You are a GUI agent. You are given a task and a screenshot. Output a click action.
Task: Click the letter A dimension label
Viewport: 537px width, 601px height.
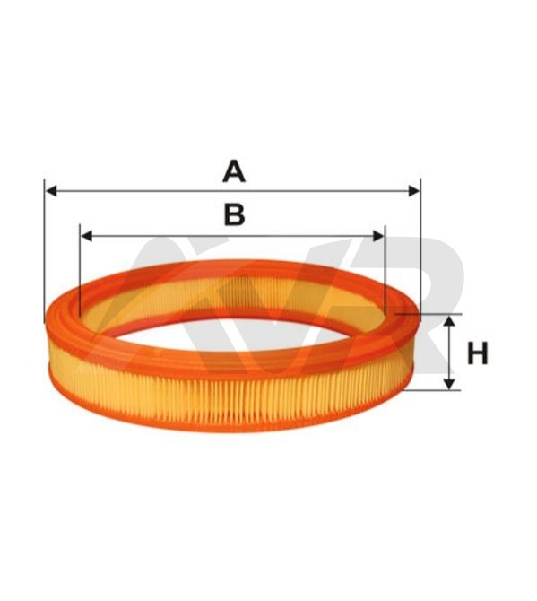234,171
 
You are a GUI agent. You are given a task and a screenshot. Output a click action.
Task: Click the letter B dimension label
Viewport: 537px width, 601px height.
234,214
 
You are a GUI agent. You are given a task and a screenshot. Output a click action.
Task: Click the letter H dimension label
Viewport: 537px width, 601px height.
478,353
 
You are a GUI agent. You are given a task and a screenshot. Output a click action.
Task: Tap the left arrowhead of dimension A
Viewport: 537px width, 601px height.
51,190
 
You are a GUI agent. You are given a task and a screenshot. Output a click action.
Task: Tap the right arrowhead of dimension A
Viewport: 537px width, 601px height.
414,190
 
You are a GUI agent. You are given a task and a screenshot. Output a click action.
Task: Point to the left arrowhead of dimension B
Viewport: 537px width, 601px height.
87,236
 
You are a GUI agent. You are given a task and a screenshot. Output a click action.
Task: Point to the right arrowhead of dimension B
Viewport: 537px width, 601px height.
378,236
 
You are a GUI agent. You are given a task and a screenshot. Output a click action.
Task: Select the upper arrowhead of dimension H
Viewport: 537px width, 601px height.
449,322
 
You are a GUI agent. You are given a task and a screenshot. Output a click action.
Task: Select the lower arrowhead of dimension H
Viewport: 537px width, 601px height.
449,384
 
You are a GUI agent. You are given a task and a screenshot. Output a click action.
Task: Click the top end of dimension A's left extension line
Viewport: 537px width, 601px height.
45,179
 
